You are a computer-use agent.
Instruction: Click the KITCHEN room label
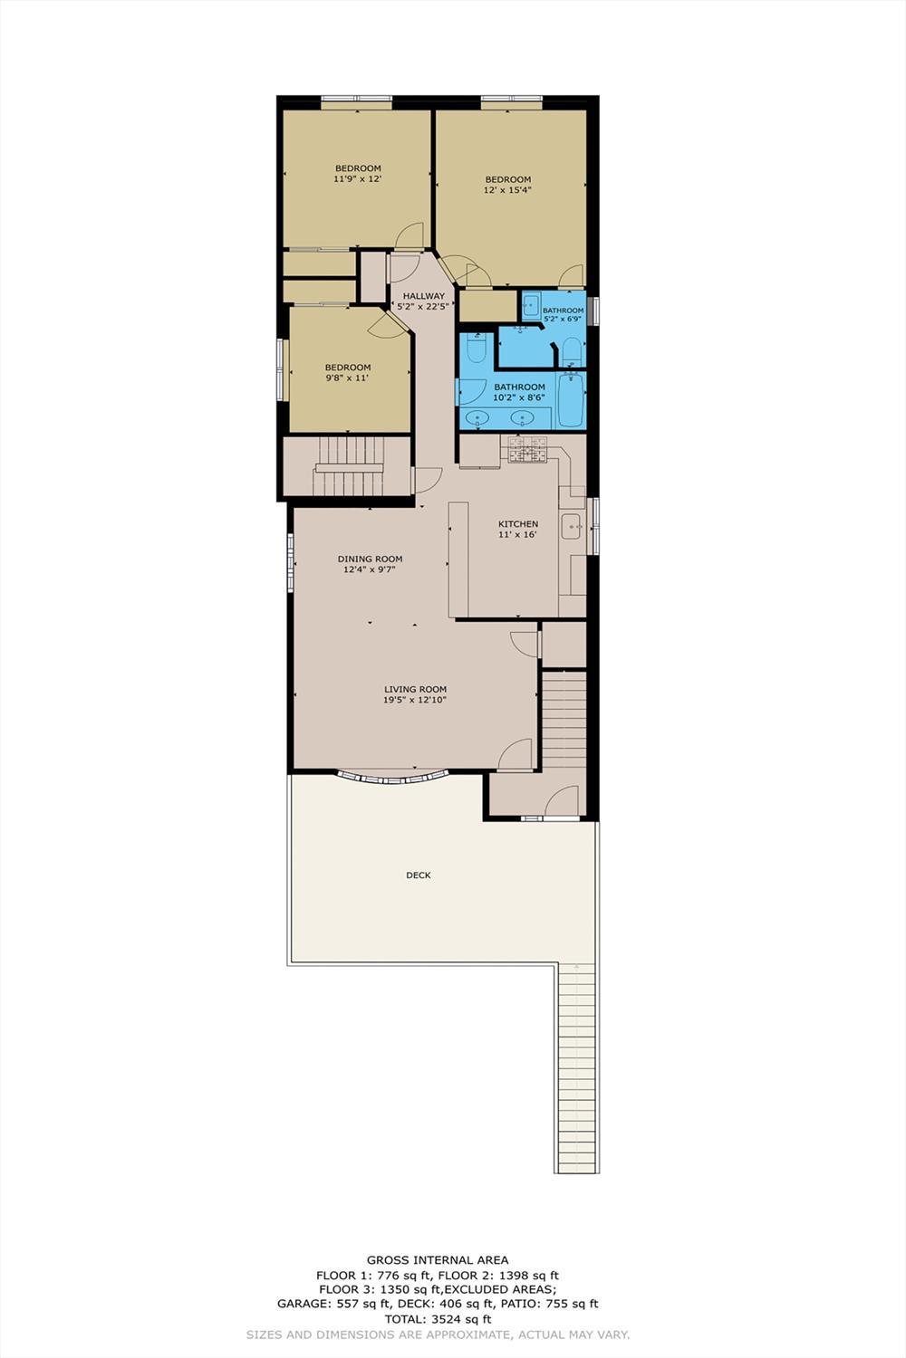click(x=518, y=524)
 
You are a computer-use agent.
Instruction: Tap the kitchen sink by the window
click(x=571, y=526)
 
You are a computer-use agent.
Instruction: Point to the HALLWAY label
click(x=423, y=296)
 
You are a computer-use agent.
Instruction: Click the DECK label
click(x=418, y=875)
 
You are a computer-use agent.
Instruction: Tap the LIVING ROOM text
click(x=415, y=690)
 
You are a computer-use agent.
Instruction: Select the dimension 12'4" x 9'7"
click(x=370, y=570)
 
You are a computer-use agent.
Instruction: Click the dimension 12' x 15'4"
click(x=507, y=191)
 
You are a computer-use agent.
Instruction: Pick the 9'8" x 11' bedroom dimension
click(x=347, y=378)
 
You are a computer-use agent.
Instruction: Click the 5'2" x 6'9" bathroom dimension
click(x=563, y=320)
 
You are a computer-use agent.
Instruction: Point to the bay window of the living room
click(x=392, y=776)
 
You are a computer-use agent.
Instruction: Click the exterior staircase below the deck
click(x=575, y=1068)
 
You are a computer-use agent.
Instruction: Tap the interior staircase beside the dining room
click(x=349, y=467)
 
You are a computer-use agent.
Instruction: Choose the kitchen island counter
click(x=458, y=560)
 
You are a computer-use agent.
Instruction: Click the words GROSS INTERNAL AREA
click(x=437, y=1259)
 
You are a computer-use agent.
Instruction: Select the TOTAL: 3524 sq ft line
click(x=437, y=1319)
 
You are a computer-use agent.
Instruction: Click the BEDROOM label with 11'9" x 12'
click(x=358, y=168)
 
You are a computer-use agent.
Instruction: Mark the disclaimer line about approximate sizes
click(x=437, y=1334)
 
